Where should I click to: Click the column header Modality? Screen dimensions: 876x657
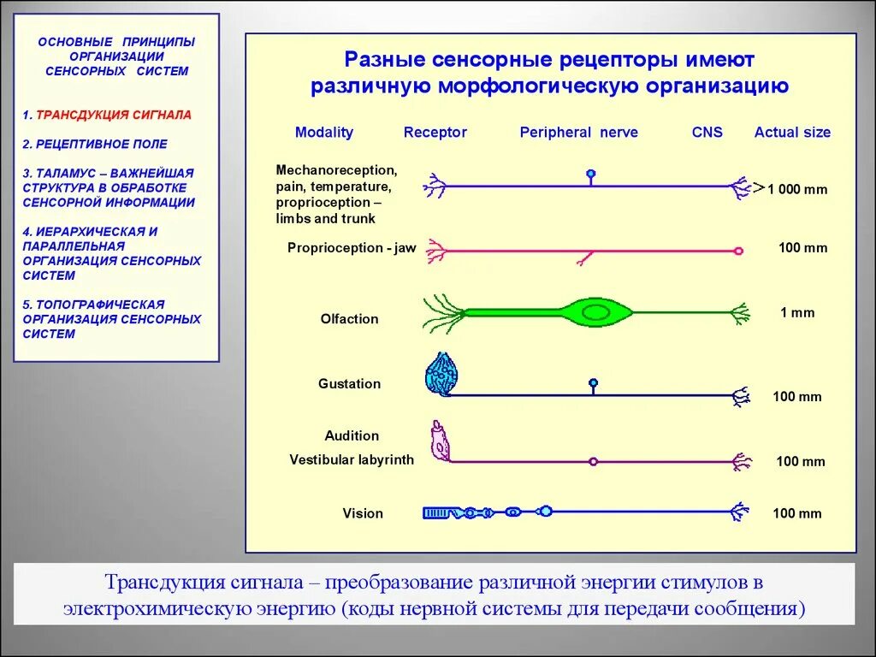pos(323,133)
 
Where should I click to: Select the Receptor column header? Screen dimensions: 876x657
pos(435,133)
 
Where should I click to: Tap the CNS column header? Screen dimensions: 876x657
pos(707,133)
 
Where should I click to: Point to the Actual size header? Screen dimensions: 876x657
pos(792,133)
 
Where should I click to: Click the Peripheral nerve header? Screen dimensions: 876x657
pos(578,133)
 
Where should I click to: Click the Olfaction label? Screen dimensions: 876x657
pos(349,319)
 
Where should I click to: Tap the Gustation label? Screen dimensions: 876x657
pos(349,384)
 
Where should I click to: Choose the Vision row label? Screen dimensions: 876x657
pos(363,513)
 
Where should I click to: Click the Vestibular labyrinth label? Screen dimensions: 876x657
pos(352,460)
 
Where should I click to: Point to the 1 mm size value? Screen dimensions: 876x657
pos(797,313)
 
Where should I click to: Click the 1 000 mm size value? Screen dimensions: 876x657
pos(797,189)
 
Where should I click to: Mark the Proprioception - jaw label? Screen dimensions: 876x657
pos(352,248)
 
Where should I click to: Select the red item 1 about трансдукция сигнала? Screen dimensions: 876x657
pos(107,115)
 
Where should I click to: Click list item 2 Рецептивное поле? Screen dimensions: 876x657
pos(95,145)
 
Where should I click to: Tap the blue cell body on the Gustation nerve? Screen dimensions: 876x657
pos(593,383)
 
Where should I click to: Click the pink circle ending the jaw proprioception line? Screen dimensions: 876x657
pos(738,252)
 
